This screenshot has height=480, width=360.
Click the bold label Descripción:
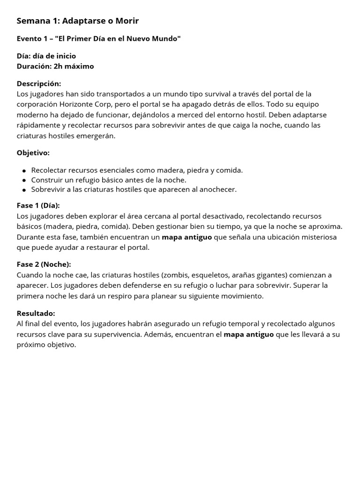click(39, 83)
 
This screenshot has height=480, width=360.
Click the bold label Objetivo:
click(33, 153)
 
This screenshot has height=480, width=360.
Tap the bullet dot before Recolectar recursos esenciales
click(24, 171)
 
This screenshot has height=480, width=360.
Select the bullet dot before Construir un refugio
click(24, 180)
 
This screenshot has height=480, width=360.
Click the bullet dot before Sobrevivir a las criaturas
click(24, 190)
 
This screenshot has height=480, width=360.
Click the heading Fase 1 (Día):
click(38, 205)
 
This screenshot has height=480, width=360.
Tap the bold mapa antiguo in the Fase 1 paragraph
click(187, 237)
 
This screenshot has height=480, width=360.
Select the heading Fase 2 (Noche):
click(44, 264)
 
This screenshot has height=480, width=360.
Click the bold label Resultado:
click(36, 313)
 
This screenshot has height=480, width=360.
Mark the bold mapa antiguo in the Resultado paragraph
click(249, 334)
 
